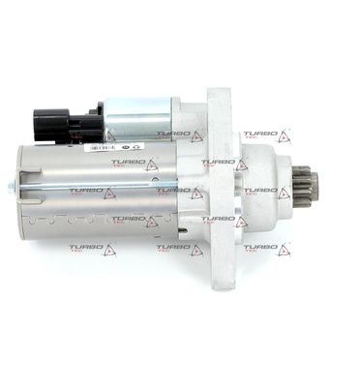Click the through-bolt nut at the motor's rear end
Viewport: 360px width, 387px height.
(x=11, y=186)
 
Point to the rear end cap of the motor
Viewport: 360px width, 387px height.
(x=21, y=189)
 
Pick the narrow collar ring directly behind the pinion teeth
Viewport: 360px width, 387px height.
(x=296, y=182)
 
